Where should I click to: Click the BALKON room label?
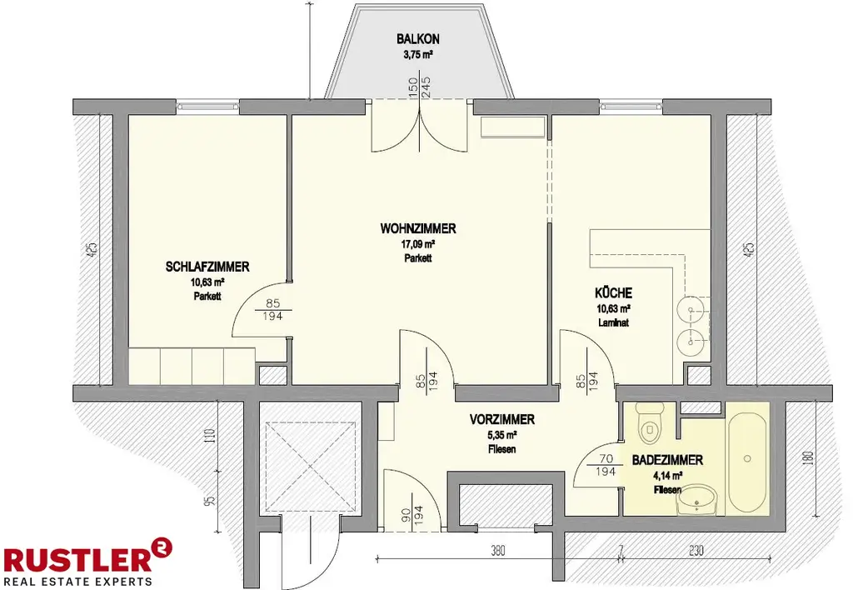[418, 39]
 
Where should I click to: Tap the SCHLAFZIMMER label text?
[208, 267]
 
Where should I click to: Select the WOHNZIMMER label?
[418, 229]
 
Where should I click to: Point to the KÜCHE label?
[613, 293]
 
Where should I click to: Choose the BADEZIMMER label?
[667, 460]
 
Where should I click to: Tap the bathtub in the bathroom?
[747, 457]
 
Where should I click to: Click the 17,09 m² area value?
[418, 245]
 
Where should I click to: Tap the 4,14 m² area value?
[667, 476]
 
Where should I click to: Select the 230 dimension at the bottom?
[696, 551]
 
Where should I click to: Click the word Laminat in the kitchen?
[613, 321]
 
